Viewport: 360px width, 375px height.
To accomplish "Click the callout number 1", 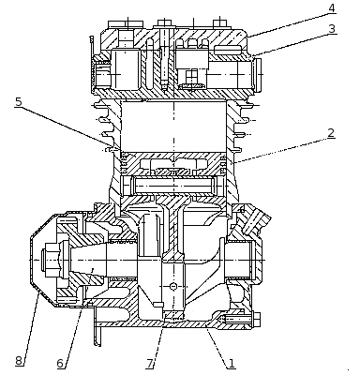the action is coord(232,363).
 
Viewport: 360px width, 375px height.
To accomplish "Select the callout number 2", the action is coord(331,133).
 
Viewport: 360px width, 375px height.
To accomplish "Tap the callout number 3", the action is coord(332,28).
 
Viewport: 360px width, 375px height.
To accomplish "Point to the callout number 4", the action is coord(332,8).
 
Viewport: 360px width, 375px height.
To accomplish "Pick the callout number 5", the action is coord(19,102).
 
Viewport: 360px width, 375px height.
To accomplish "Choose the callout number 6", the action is coord(61,364).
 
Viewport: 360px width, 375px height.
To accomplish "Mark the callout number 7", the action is coord(150,364).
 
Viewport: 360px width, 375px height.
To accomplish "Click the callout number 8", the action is coord(19,361).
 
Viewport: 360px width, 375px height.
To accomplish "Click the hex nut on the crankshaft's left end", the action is coord(49,260).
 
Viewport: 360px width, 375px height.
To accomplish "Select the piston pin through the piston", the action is coord(173,185).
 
